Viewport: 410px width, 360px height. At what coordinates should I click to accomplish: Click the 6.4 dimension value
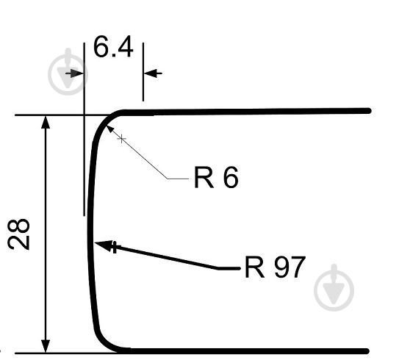[x=113, y=47]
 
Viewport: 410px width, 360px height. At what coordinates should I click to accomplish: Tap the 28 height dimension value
[x=18, y=234]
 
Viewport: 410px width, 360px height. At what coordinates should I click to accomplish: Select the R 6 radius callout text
[x=216, y=177]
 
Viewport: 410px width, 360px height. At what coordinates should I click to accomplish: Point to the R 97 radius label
[x=275, y=267]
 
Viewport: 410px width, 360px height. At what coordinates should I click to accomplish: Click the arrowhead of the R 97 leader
[x=104, y=245]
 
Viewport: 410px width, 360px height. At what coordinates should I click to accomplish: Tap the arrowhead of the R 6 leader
[x=109, y=129]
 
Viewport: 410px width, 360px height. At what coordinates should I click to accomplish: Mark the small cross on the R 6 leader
[x=121, y=139]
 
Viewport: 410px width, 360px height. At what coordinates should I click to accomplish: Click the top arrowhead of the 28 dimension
[x=46, y=123]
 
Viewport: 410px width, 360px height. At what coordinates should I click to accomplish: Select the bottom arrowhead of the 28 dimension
[x=46, y=346]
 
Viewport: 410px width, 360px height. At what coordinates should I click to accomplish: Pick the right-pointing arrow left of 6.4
[x=74, y=73]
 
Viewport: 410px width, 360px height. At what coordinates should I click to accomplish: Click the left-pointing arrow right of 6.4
[x=153, y=73]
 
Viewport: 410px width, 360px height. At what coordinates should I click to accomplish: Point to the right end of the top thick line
[x=368, y=111]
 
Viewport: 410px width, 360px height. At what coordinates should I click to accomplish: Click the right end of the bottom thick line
[x=367, y=351]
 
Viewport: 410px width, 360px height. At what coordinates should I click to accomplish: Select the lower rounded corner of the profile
[x=104, y=342]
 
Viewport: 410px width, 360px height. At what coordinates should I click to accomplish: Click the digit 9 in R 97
[x=281, y=267]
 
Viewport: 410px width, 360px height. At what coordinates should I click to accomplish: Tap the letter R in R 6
[x=204, y=177]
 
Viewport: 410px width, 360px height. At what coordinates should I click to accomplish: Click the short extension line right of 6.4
[x=143, y=72]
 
